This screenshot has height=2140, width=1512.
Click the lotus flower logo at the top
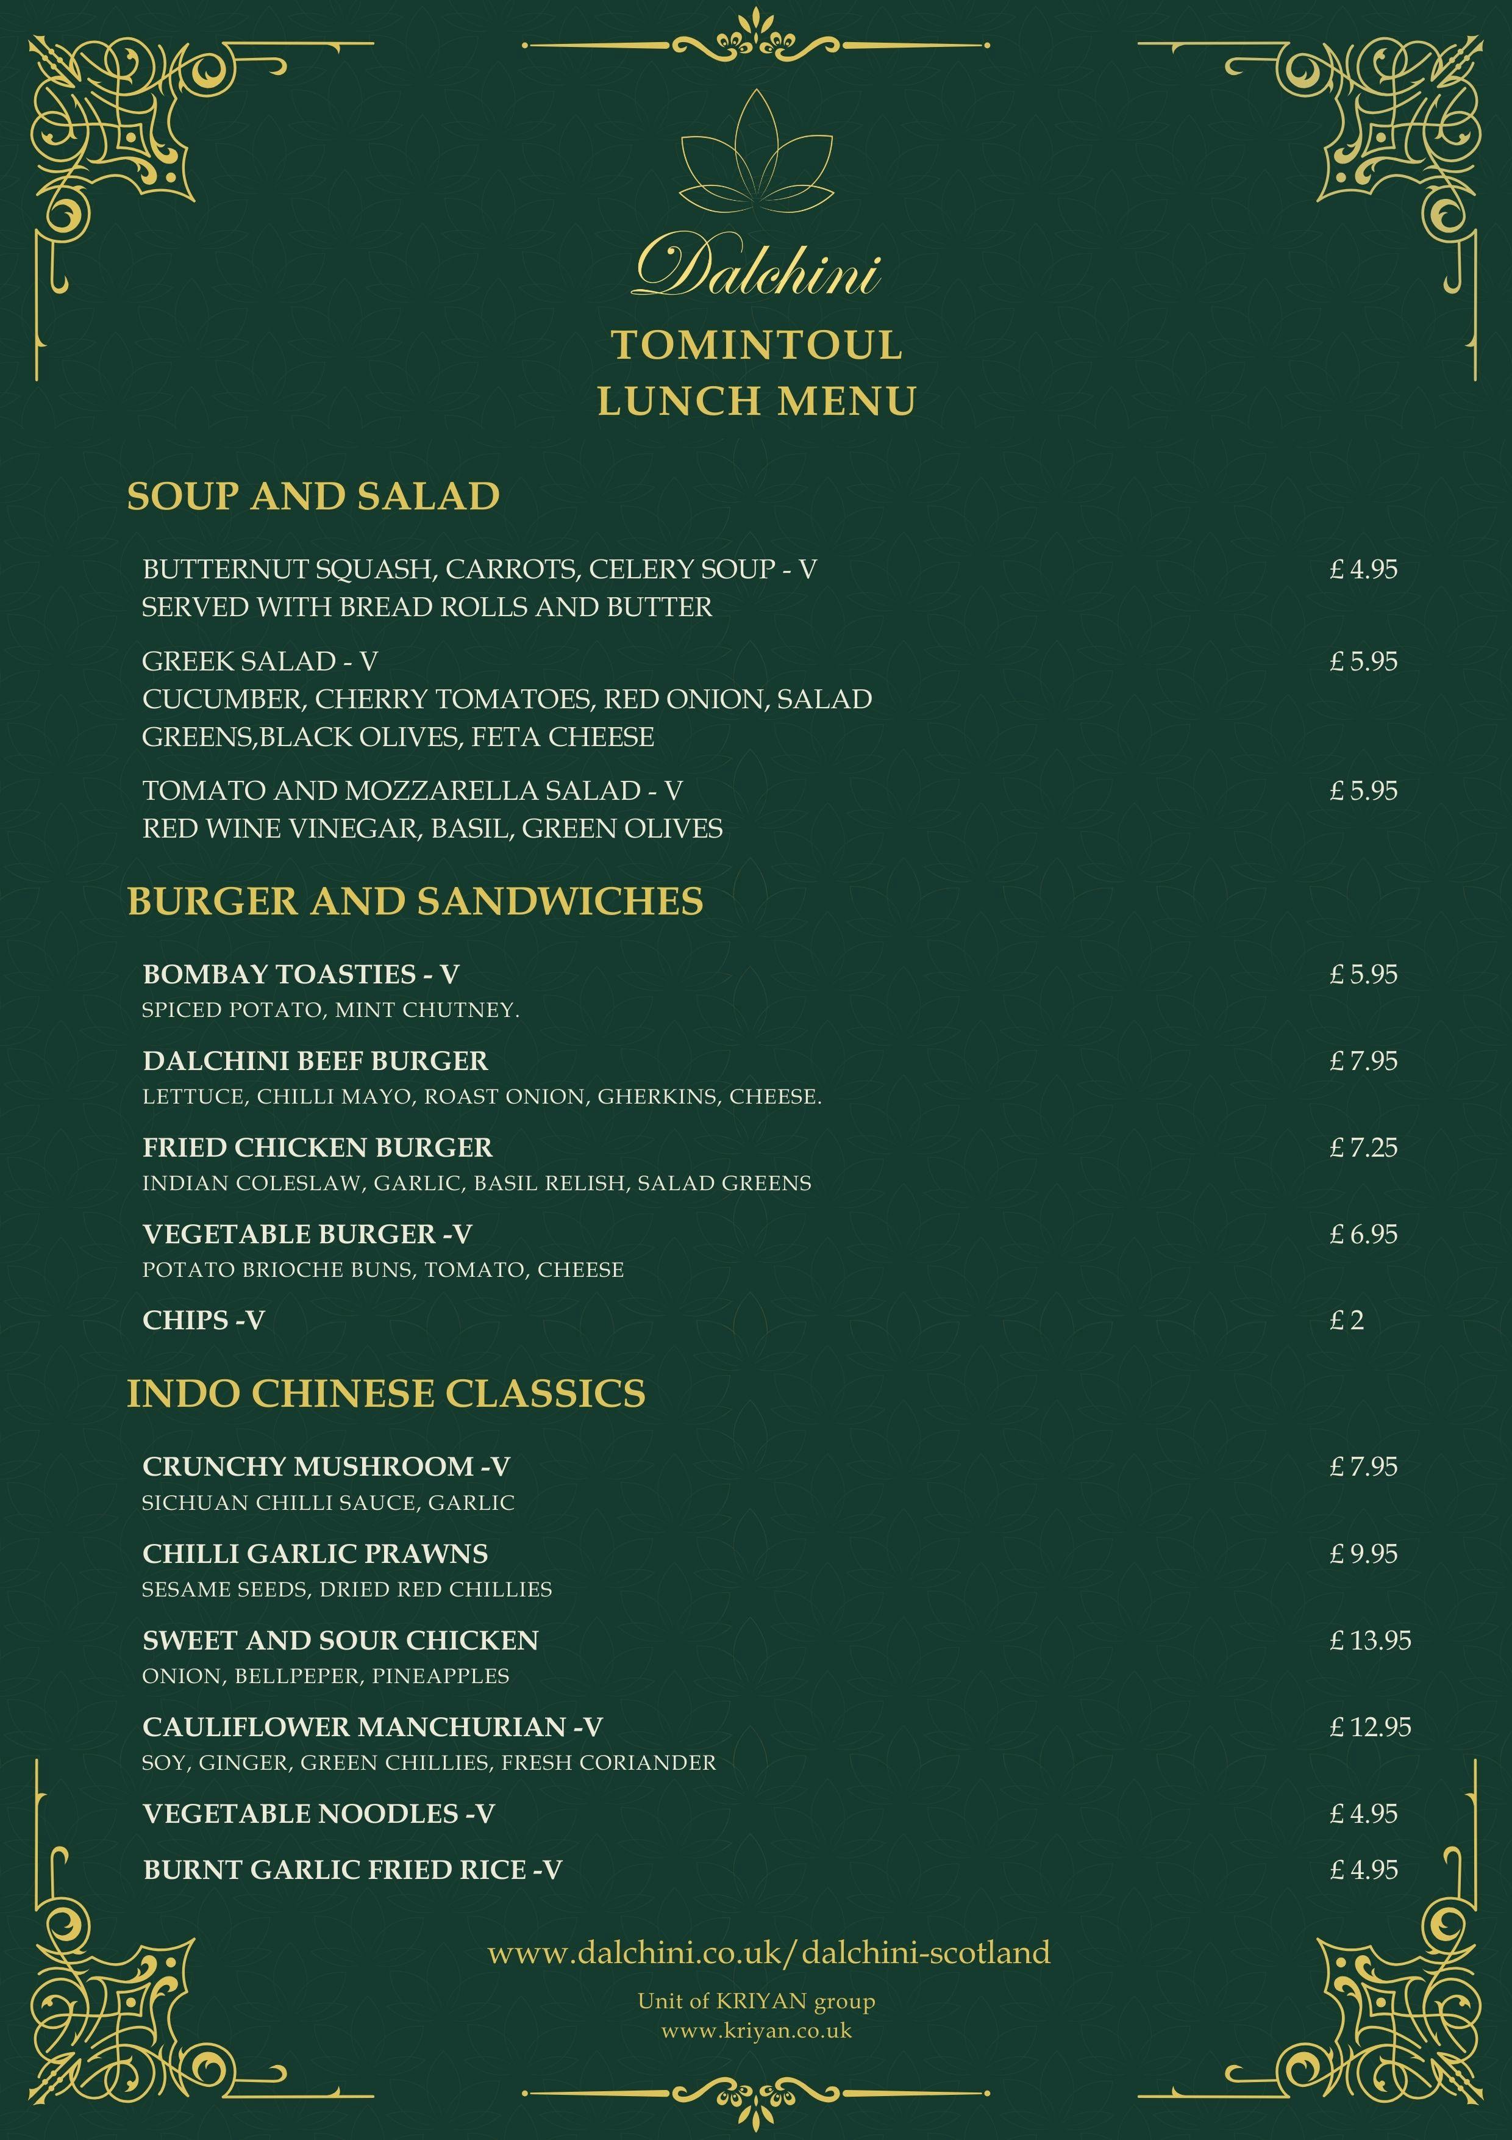point(755,154)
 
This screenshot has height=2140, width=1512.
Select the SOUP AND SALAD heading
point(313,496)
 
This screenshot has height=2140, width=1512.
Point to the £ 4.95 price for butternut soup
point(1363,570)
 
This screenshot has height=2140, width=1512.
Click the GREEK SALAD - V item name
point(259,662)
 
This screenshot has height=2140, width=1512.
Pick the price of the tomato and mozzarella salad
point(1363,791)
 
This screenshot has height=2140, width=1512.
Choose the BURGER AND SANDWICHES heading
point(415,901)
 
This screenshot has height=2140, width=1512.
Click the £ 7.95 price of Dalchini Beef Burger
point(1363,1061)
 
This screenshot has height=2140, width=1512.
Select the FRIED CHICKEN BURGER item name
point(317,1147)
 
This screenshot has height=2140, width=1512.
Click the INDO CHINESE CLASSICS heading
point(386,1393)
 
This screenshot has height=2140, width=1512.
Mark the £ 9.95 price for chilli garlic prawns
point(1363,1554)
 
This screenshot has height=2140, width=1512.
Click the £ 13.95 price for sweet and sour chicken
point(1369,1640)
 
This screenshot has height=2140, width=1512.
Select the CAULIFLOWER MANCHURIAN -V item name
point(372,1727)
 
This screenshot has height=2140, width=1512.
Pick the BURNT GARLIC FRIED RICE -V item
point(352,1870)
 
